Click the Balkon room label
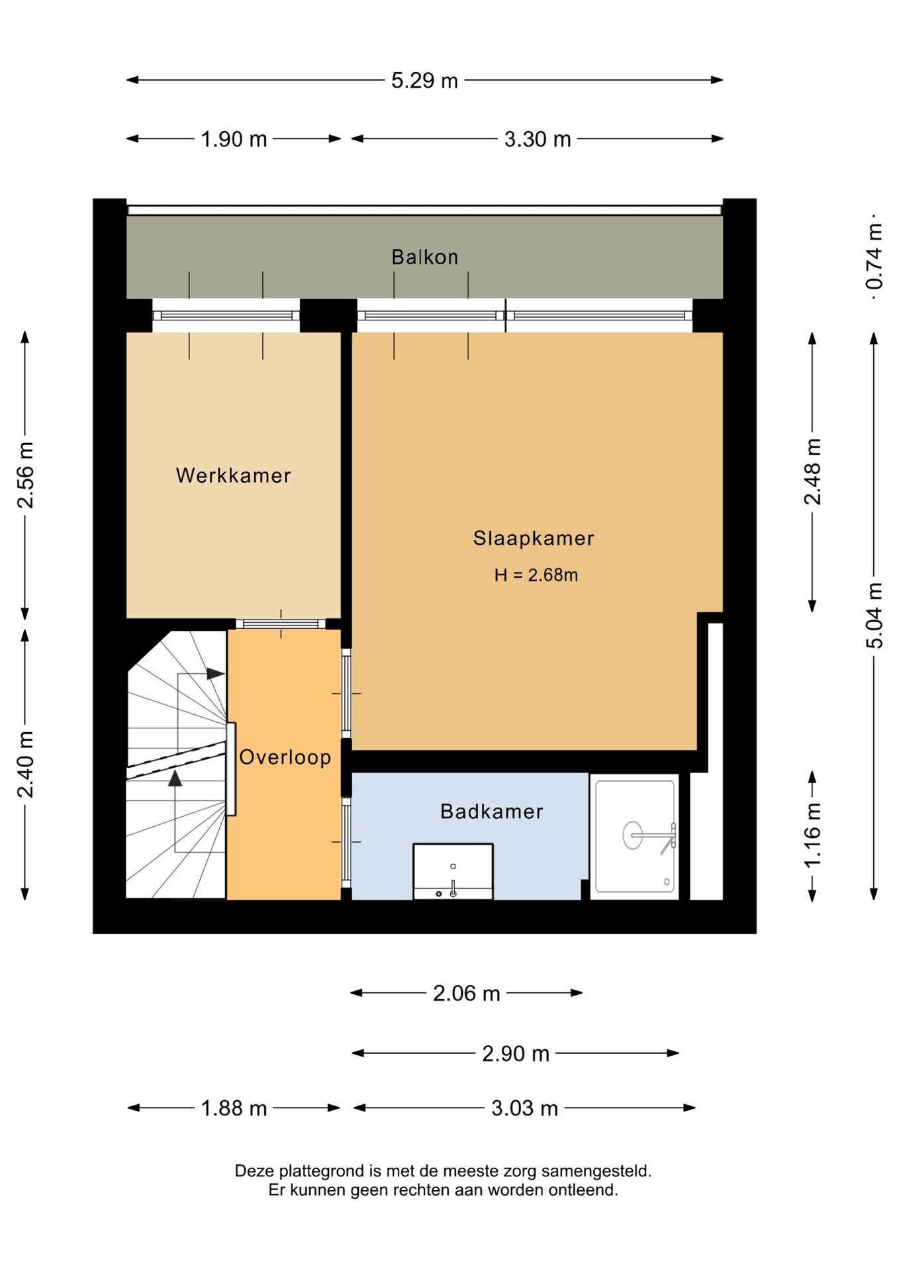click(x=424, y=257)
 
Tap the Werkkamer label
click(x=233, y=475)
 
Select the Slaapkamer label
click(x=534, y=538)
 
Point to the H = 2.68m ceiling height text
click(x=536, y=575)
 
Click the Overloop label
click(x=285, y=757)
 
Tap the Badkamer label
click(x=491, y=812)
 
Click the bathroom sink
click(x=453, y=871)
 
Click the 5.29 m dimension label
click(x=424, y=81)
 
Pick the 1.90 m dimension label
click(x=234, y=139)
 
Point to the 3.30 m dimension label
click(x=538, y=139)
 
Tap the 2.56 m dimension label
click(x=25, y=475)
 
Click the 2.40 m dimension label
click(x=25, y=765)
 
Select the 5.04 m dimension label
click(x=875, y=616)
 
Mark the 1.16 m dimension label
click(x=812, y=834)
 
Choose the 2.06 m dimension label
click(x=466, y=993)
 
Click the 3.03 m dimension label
click(x=524, y=1108)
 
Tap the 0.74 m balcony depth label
click(x=875, y=256)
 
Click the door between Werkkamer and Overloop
click(x=281, y=624)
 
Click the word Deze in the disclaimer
click(x=253, y=1171)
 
